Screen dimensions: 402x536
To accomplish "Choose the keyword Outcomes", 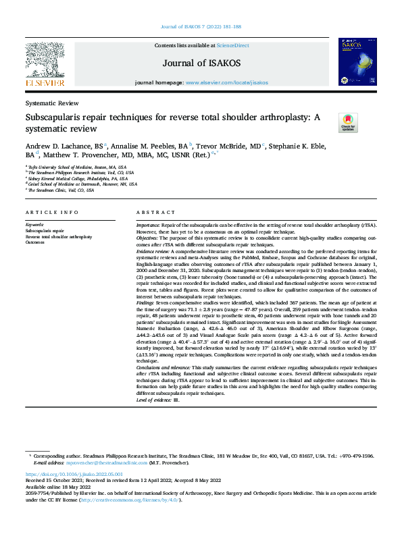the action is (35, 242).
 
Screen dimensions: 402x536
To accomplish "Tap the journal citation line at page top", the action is (201, 26).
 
